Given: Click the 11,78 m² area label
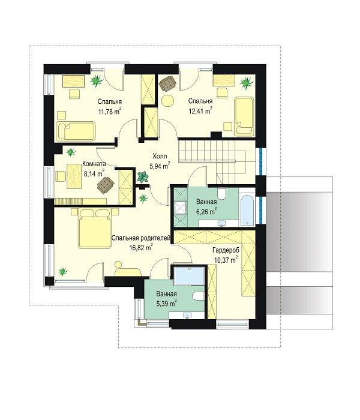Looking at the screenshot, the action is point(110,111).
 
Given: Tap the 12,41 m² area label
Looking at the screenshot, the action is point(200,110).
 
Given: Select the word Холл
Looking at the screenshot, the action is point(160,156).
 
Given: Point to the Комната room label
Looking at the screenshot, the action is point(94,164).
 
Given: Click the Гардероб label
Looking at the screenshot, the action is point(226,250).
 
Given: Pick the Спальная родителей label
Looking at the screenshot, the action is point(141,238).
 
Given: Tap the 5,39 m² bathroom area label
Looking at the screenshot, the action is point(166,304).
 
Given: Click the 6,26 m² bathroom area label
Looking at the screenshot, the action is point(206,212).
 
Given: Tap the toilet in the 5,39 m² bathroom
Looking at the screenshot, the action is point(199,296).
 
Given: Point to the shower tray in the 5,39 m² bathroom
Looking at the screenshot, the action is point(189,275).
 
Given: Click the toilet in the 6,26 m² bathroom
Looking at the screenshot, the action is point(222,193).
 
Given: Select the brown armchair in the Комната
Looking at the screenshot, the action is point(106,185).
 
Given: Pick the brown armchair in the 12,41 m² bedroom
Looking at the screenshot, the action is point(167,83).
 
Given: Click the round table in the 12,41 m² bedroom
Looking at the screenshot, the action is point(167,101).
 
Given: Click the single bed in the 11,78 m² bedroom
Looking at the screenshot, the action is point(76,131).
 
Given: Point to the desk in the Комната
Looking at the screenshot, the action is point(74,176).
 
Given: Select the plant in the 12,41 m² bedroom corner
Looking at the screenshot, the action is point(247,83).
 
